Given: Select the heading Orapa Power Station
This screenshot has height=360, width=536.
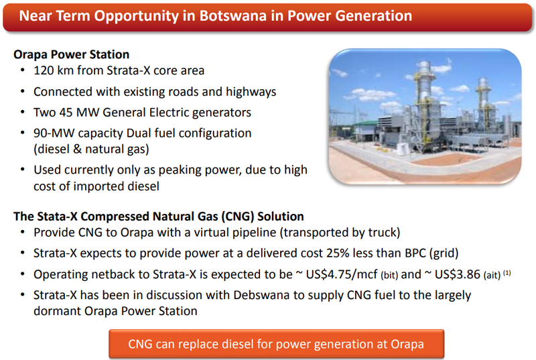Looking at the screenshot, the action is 72,54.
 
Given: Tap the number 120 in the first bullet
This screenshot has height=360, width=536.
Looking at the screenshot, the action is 44,70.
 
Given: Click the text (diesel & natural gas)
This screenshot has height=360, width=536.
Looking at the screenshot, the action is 91,149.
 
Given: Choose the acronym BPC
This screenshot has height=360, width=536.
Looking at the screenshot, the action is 415,253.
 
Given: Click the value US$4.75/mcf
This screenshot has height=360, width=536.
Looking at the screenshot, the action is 342,275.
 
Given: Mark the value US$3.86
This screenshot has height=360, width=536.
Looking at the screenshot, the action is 458,275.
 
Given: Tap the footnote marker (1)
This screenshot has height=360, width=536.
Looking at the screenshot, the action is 507,273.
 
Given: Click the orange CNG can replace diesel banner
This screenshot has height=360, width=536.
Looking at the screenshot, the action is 276,344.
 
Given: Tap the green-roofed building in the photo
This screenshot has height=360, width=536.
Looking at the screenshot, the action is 365,130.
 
